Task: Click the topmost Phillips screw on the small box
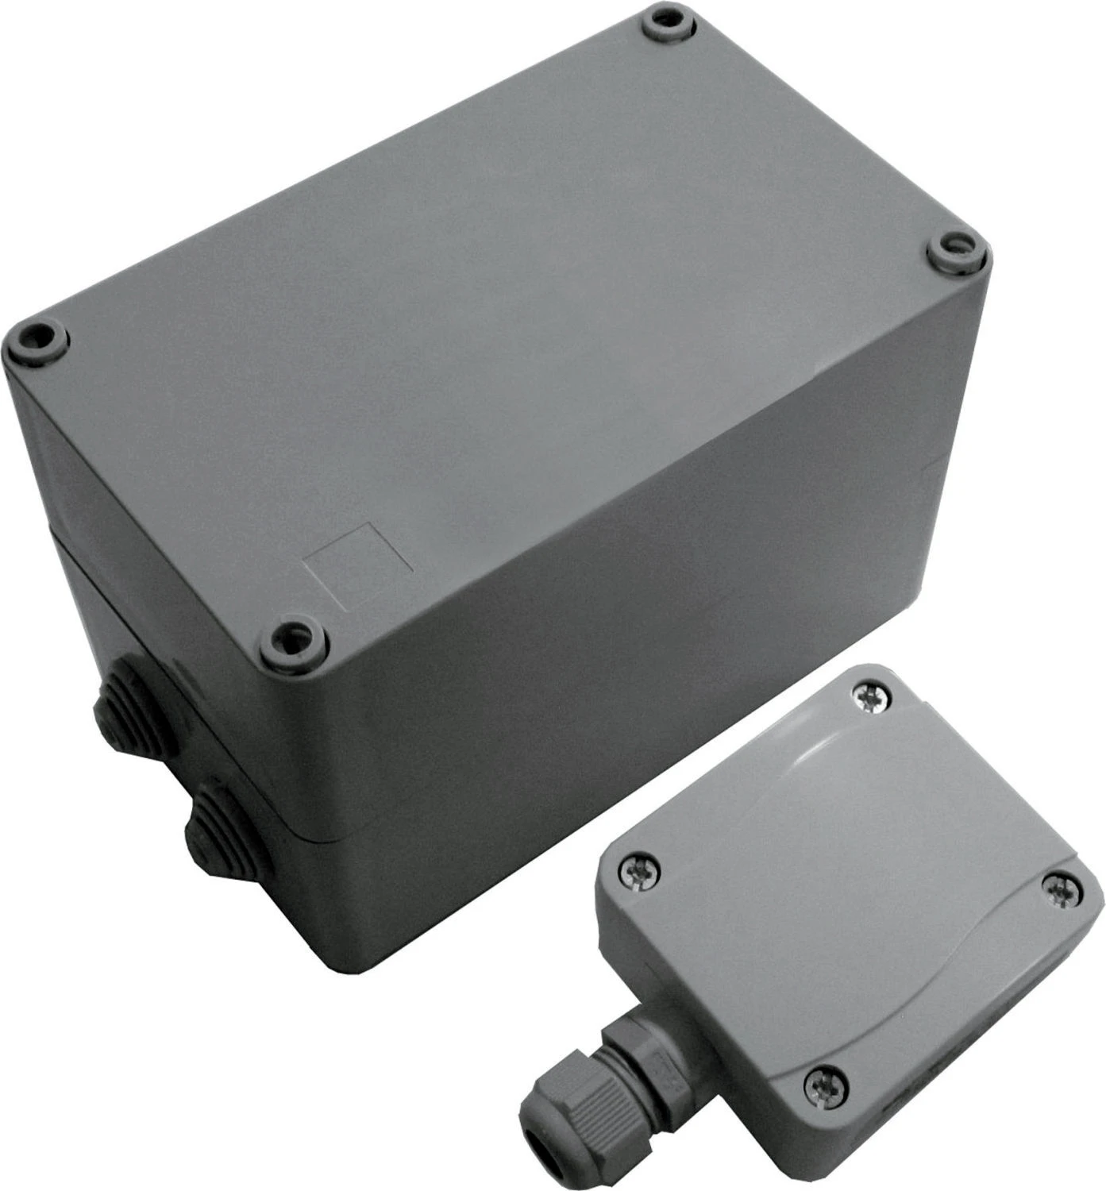tap(869, 697)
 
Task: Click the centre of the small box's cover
tap(850, 889)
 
